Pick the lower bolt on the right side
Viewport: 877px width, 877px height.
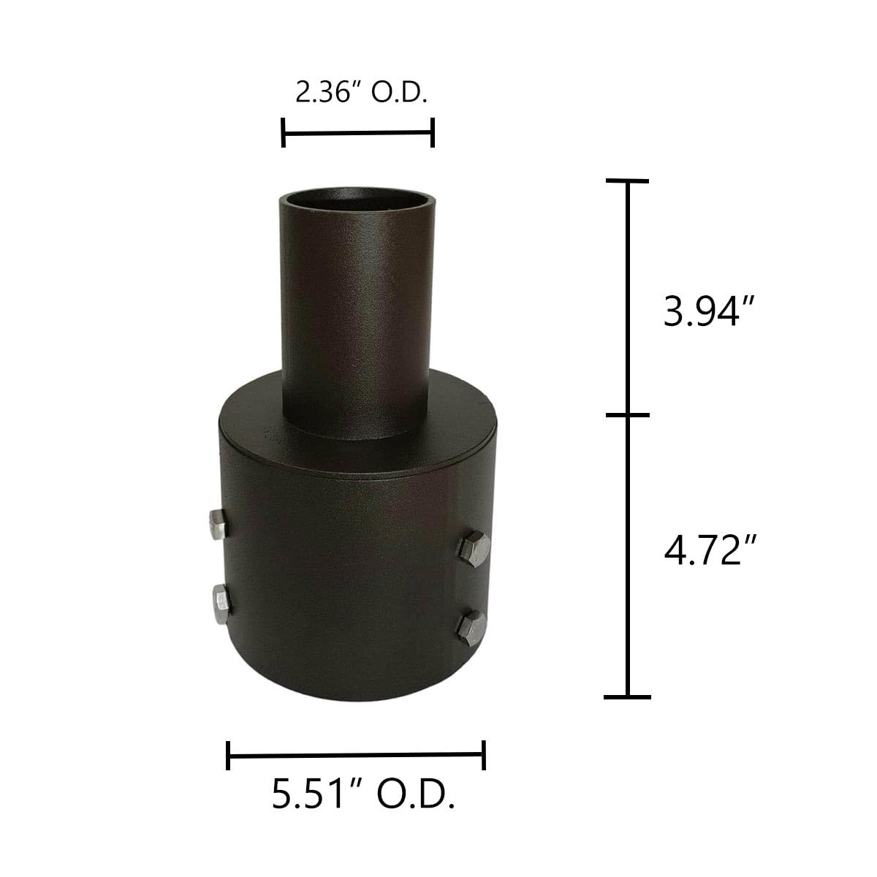(472, 627)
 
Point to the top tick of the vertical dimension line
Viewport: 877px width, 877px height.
(626, 181)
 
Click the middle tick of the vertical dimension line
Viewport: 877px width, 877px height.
(626, 415)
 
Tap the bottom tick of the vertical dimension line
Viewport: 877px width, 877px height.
(626, 696)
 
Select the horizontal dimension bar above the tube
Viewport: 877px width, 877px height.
(358, 133)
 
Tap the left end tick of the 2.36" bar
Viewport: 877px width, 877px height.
(284, 133)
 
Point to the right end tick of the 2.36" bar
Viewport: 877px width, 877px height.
(433, 133)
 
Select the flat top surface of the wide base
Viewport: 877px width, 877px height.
(453, 424)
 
